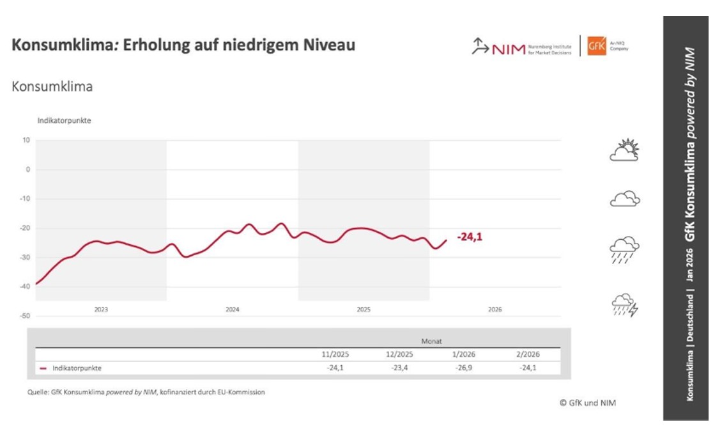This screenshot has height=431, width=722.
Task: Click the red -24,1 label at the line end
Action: [x=470, y=237]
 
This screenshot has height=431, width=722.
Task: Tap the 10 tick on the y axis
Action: [x=27, y=140]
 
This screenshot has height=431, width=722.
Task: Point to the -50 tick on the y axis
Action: [x=26, y=316]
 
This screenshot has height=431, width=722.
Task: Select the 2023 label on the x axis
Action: [x=101, y=310]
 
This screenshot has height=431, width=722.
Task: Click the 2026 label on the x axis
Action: [x=495, y=310]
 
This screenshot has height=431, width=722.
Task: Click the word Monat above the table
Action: [x=431, y=341]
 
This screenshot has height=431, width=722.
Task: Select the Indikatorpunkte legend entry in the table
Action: [x=77, y=368]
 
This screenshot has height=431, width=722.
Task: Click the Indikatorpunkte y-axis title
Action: [x=64, y=120]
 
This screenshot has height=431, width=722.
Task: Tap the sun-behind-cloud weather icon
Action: [x=624, y=150]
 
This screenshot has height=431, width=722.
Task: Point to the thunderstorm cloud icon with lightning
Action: [x=624, y=306]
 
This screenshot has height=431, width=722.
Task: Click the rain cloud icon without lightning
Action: [x=624, y=250]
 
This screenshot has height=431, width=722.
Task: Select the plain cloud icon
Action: [x=624, y=199]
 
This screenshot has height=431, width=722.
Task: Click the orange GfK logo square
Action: [x=596, y=46]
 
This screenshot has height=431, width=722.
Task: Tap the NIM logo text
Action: [x=508, y=49]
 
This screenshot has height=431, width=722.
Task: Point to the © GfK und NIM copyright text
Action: [x=587, y=403]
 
